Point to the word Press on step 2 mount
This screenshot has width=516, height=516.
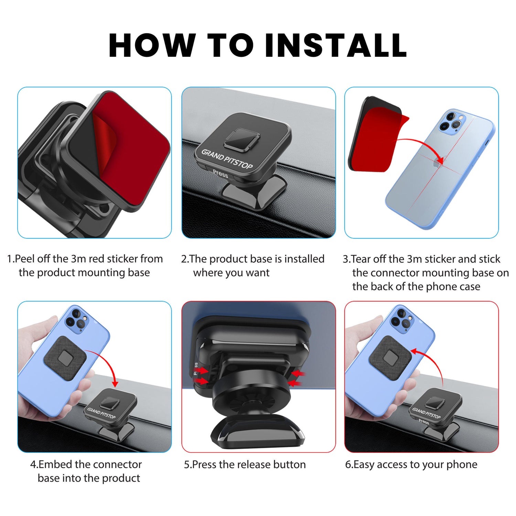coord(221,173)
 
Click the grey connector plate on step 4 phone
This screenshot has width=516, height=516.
coord(65,358)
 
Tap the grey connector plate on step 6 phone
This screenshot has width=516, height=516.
coord(390,358)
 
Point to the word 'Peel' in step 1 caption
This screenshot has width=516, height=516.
coord(25,259)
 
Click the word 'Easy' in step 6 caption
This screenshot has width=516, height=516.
coord(364,465)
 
